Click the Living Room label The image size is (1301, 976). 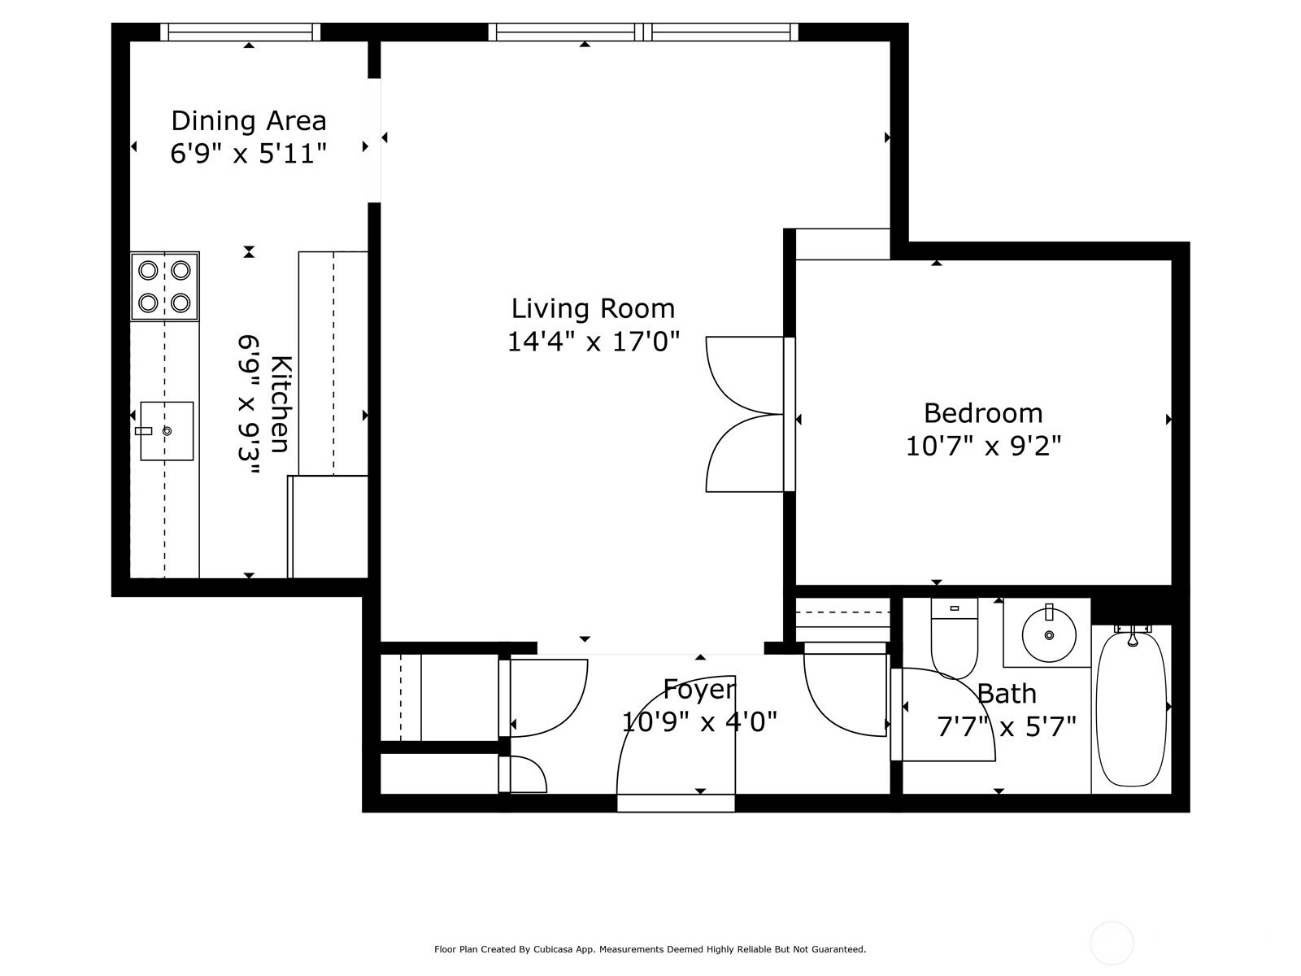coord(593,309)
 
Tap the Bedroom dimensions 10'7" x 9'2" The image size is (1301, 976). coord(983,446)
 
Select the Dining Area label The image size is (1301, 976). coord(249,121)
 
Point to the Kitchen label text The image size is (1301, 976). coord(281,404)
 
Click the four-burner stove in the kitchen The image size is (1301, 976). coord(165,286)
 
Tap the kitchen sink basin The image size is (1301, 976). coord(167,431)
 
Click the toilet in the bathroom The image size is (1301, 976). coord(955,638)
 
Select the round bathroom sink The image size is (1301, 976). coord(1048,635)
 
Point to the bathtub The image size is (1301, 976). coord(1132,708)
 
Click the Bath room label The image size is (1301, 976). coord(1007,693)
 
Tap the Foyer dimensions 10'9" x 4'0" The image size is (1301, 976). coord(699,721)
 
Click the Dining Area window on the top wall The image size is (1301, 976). coord(241,32)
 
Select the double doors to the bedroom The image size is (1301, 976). coord(746,414)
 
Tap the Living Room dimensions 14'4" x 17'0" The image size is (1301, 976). coord(594,342)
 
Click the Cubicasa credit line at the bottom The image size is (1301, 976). coord(650,949)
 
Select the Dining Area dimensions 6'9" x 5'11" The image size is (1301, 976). coord(249,154)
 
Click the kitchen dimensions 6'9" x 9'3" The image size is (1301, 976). coord(249,405)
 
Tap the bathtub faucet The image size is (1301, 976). coord(1132,635)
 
